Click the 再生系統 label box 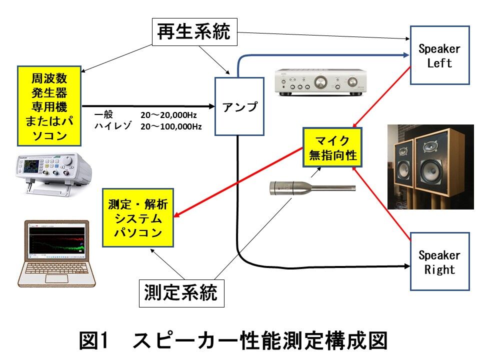pyautogui.click(x=194, y=32)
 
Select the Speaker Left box pyautogui.click(x=439, y=55)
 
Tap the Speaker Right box pyautogui.click(x=439, y=261)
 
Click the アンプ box pyautogui.click(x=239, y=106)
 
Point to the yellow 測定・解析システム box pyautogui.click(x=138, y=217)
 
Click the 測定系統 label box pyautogui.click(x=180, y=292)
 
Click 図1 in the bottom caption pyautogui.click(x=93, y=341)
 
